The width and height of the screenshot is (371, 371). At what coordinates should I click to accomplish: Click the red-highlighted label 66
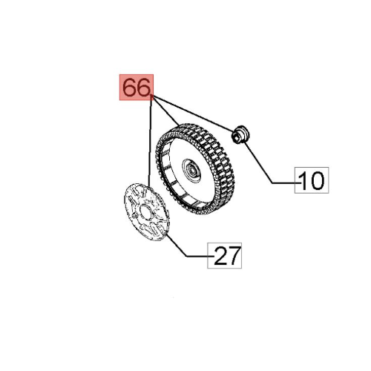pyautogui.click(x=136, y=88)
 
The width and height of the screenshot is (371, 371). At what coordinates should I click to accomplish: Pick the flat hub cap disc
pyautogui.click(x=144, y=215)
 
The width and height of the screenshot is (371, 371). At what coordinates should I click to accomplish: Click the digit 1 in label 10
pyautogui.click(x=304, y=180)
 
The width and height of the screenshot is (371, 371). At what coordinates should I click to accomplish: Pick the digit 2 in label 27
pyautogui.click(x=220, y=256)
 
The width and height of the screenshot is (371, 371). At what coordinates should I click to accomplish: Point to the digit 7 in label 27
pyautogui.click(x=234, y=256)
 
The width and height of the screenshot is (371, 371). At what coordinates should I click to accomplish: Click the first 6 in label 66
pyautogui.click(x=129, y=88)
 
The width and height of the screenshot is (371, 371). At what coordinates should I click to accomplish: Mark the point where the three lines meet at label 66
pyautogui.click(x=152, y=99)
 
